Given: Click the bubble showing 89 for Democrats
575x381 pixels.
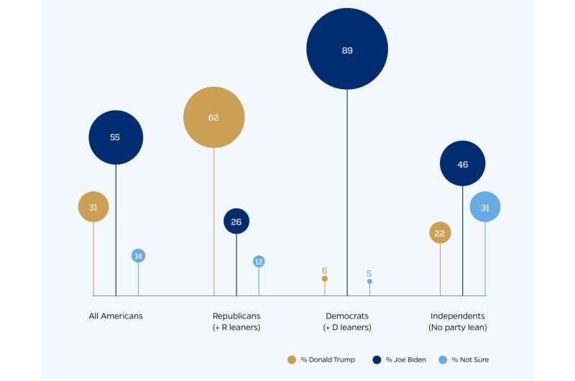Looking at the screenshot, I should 347,50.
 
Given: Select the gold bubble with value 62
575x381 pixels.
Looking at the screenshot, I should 213,117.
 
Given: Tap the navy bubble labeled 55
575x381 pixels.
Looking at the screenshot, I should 116,137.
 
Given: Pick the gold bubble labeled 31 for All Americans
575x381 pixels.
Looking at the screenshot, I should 93,207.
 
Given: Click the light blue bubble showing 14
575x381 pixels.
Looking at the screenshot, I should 138,256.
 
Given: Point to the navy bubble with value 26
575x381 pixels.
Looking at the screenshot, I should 236,221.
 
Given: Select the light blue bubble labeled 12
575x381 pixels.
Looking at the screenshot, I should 259,261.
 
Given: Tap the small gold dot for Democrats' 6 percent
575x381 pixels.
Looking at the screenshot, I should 325,279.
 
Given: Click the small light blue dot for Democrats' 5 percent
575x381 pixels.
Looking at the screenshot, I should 369,282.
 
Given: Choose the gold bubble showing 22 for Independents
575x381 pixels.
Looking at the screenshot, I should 441,233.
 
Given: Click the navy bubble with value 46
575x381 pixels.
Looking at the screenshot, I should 463,164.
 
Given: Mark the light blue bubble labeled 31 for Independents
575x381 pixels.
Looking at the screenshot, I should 485,207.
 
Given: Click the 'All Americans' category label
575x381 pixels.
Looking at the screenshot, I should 116,316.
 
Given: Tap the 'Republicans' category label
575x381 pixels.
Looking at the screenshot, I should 236,316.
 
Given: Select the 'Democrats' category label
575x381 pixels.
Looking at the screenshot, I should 347,316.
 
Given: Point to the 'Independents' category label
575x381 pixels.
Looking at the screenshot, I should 458,316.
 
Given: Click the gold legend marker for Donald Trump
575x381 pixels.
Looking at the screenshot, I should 291,359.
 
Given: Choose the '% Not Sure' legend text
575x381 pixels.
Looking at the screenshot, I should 471,359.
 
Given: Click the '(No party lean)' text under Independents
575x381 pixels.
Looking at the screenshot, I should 458,328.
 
